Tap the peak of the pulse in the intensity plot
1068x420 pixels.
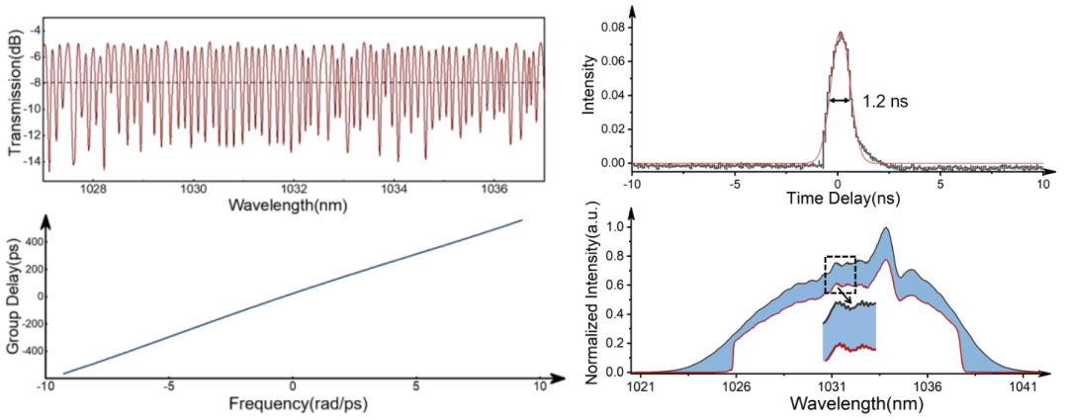841,33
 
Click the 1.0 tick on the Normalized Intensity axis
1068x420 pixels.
615,226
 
